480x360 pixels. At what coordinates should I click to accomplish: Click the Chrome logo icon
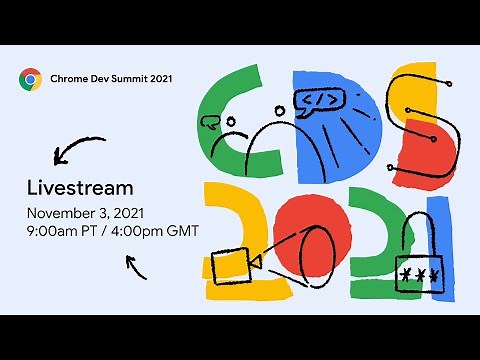pos(30,78)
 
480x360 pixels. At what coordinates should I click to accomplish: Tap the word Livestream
pos(80,187)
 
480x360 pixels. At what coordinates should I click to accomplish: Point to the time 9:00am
pos(55,231)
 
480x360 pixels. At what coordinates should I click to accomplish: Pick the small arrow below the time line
pos(137,266)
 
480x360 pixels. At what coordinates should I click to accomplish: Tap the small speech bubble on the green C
pos(209,123)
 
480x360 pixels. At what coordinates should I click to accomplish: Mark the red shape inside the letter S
pos(427,150)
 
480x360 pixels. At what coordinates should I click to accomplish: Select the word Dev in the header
pos(100,78)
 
